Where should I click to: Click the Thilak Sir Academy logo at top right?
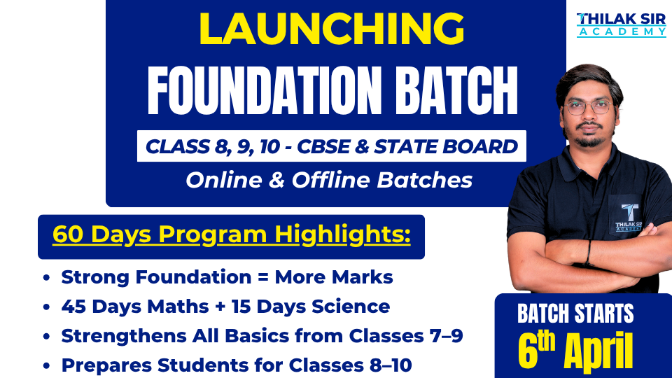click(x=621, y=24)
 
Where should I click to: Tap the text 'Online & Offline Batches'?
click(x=329, y=180)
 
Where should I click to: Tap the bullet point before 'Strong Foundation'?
click(x=46, y=278)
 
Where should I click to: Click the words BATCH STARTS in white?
click(x=575, y=314)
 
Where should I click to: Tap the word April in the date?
click(x=599, y=351)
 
